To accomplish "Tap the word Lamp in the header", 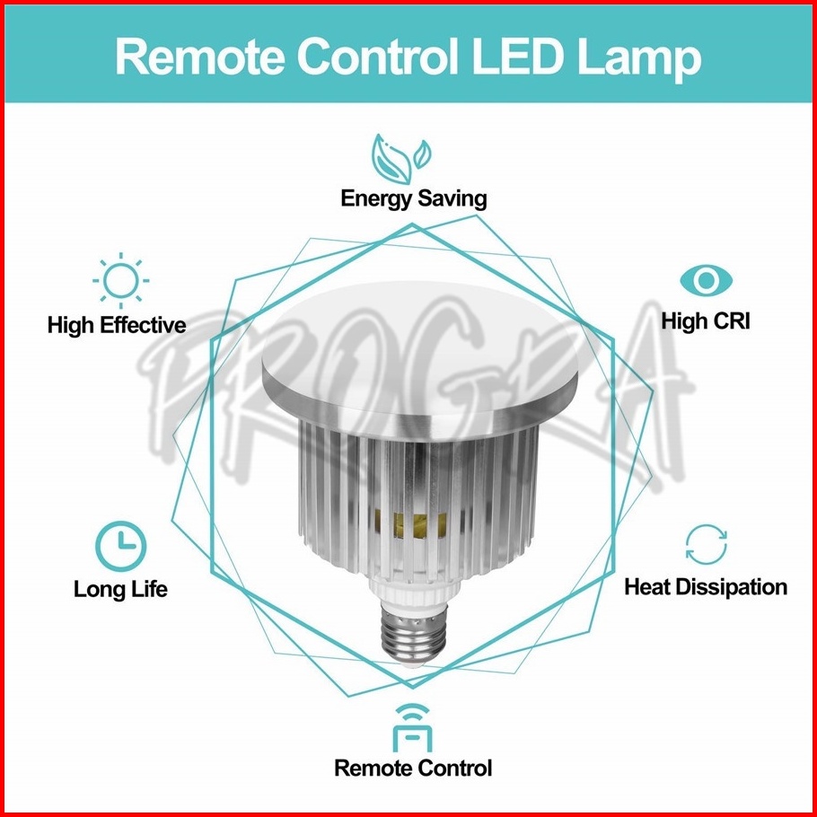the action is [639, 60].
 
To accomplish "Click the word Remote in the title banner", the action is [199, 57].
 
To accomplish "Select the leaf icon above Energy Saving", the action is [400, 159].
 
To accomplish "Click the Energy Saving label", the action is [413, 199].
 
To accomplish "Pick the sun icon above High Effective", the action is [121, 280].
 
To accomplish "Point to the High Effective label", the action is [117, 325].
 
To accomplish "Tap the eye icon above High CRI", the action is [706, 281].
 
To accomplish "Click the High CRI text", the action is [706, 321].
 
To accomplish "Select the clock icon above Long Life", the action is [121, 546].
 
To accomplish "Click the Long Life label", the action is [120, 589].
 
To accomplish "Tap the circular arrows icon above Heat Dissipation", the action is [706, 545].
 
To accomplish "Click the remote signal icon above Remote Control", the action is [412, 728].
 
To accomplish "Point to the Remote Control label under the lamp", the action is [413, 768].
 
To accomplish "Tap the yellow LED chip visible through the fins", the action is [411, 524].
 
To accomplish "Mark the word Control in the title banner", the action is [377, 57].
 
